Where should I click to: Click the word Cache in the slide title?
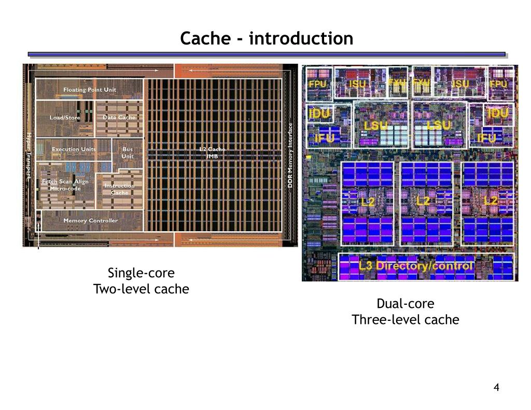click(203, 38)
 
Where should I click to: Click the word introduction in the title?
click(301, 38)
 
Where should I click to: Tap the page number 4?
click(496, 388)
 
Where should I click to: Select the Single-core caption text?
click(141, 273)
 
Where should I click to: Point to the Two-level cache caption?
click(141, 289)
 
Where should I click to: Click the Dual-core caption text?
click(406, 303)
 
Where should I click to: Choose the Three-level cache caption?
click(406, 320)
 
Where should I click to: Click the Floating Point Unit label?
click(90, 90)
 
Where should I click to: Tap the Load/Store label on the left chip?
click(65, 118)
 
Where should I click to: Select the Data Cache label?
click(119, 118)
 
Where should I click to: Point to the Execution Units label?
click(74, 149)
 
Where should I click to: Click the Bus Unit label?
click(128, 153)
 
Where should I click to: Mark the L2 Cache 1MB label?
click(213, 153)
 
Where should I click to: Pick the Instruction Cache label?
click(119, 189)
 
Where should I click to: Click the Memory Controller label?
click(90, 220)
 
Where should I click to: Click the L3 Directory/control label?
click(416, 266)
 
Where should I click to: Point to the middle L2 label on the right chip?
click(424, 201)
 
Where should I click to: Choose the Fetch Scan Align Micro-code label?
click(65, 185)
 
